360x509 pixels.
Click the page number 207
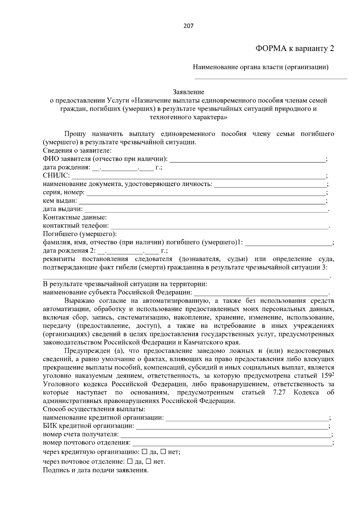(188, 26)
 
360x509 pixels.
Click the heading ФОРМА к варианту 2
(295, 49)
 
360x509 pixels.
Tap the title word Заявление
(188, 92)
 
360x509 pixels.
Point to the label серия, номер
(64, 192)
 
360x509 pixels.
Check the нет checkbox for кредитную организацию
(163, 452)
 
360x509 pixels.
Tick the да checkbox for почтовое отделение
(130, 462)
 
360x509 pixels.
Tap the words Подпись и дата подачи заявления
(96, 470)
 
